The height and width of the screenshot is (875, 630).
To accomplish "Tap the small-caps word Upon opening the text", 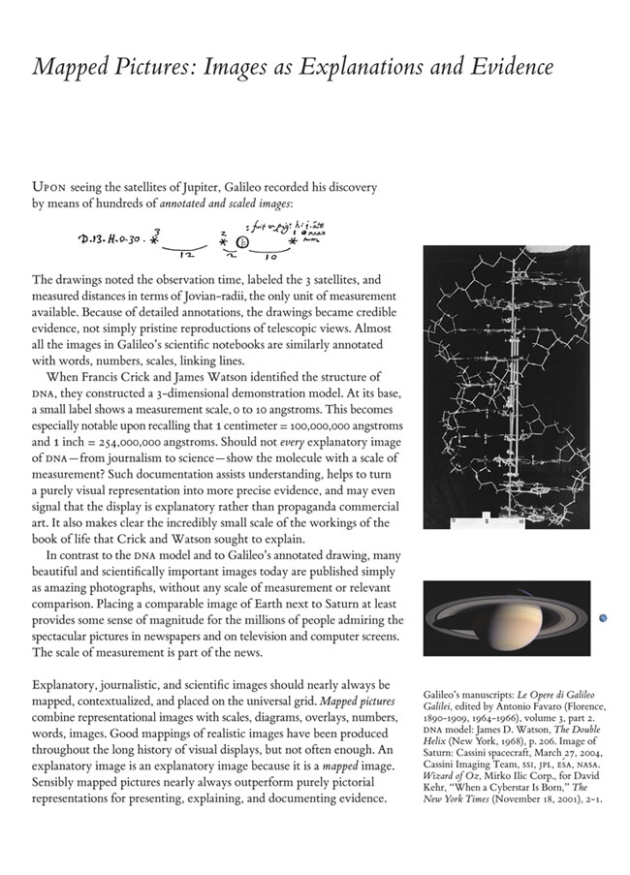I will pos(49,186).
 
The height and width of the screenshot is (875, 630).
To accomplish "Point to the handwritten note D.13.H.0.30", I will pos(109,236).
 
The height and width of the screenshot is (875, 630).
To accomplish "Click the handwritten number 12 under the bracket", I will pos(185,254).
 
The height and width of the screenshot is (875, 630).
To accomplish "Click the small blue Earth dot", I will pos(603,617).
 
